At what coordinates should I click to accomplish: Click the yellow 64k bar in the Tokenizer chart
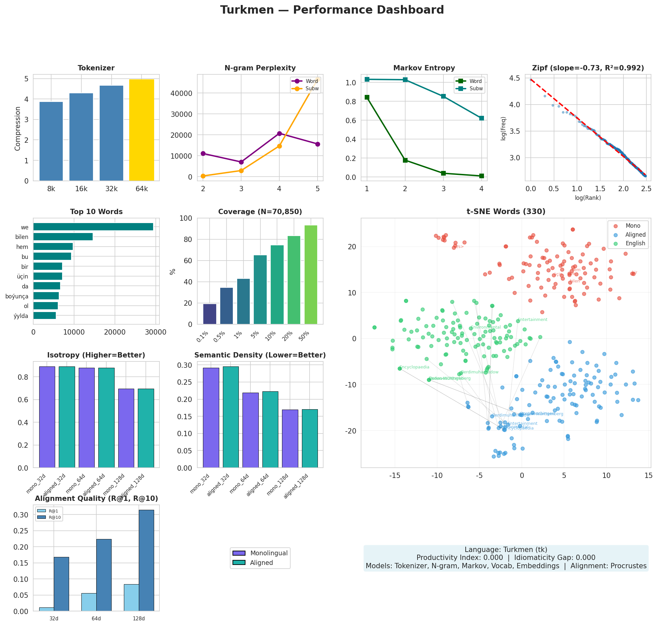(141, 130)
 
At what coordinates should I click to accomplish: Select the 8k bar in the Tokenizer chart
(51, 141)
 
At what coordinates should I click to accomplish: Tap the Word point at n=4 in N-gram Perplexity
(279, 133)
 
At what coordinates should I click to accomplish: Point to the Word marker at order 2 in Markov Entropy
(405, 161)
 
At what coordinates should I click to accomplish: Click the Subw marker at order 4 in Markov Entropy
(481, 118)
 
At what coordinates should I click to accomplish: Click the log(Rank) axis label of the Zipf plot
(588, 198)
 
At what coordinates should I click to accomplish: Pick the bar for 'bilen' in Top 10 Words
(63, 237)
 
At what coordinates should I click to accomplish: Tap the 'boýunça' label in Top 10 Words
(17, 296)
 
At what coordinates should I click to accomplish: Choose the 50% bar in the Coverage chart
(311, 274)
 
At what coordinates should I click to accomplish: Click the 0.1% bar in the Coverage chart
(210, 314)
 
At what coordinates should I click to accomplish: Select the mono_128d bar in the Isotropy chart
(126, 428)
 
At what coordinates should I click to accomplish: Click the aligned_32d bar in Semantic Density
(231, 417)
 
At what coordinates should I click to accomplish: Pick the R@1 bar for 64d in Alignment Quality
(89, 602)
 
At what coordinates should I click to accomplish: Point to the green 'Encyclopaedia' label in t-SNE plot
(414, 367)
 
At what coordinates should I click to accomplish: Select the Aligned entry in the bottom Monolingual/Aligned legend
(261, 563)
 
